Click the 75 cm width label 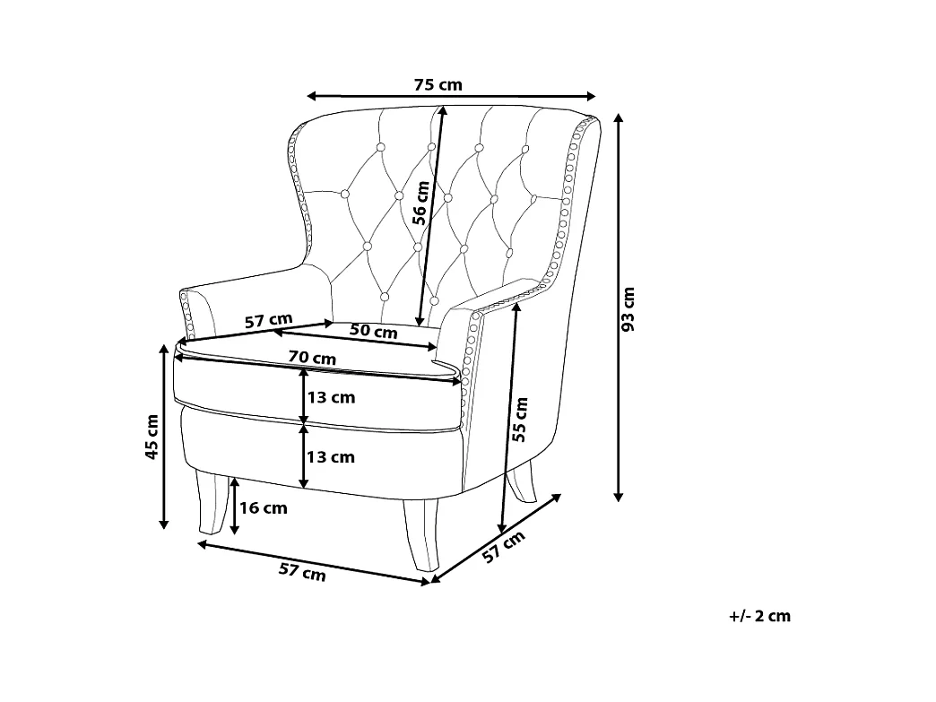tap(438, 85)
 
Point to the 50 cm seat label tap(373, 331)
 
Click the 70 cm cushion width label tap(312, 358)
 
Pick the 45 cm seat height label tap(152, 437)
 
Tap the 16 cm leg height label tap(264, 508)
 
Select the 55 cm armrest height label tap(521, 419)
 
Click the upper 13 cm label tap(331, 397)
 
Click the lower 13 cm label tap(331, 457)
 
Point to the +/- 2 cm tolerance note tap(760, 616)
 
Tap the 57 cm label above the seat tap(269, 320)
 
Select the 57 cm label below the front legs tap(302, 571)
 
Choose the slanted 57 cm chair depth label tap(503, 547)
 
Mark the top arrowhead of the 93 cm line tap(619, 117)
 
